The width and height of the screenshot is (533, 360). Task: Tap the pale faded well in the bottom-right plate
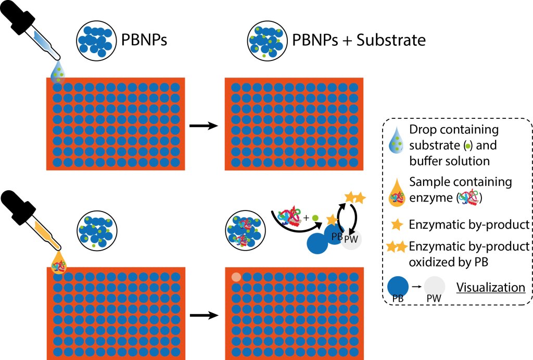tap(236, 277)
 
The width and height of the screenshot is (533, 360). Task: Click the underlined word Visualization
tap(490, 287)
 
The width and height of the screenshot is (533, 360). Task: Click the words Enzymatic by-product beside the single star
tap(469, 225)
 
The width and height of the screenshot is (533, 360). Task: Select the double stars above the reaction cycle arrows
tap(354, 198)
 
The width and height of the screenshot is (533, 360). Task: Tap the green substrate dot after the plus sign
tap(315, 216)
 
